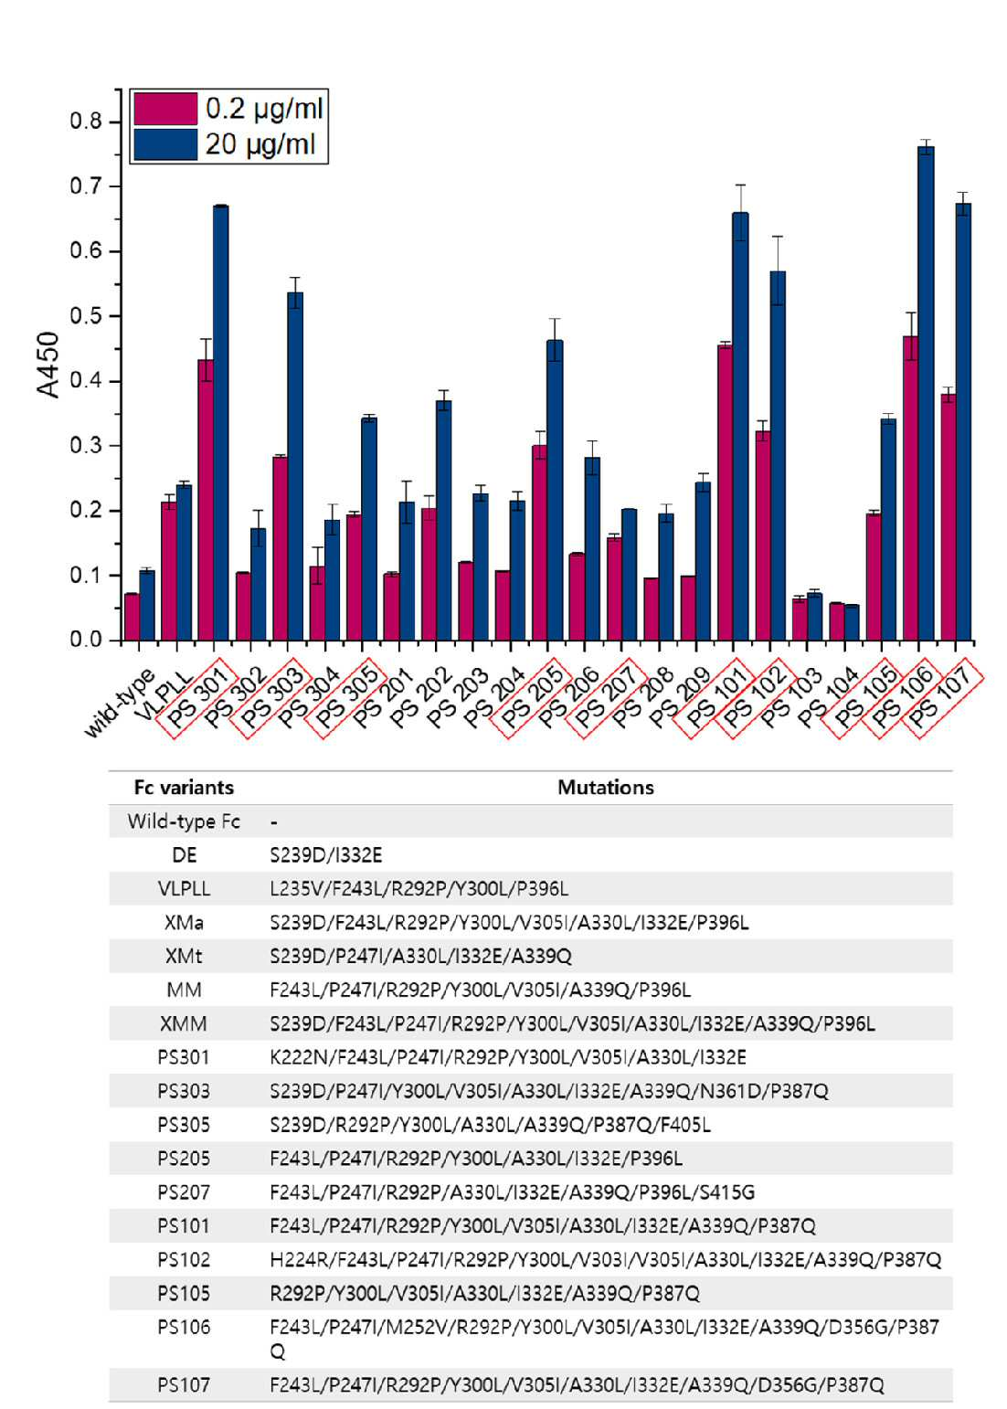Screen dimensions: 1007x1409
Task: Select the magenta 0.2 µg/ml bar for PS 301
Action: point(205,500)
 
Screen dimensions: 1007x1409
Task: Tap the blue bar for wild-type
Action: point(146,605)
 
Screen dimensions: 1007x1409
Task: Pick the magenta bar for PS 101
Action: point(726,493)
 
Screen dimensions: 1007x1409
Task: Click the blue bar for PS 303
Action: point(295,466)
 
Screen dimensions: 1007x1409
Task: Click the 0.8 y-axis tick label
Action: point(86,121)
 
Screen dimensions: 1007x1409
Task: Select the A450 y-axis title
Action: point(48,365)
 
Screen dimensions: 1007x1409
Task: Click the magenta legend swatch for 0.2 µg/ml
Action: point(165,109)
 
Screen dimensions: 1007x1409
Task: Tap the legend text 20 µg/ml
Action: point(260,144)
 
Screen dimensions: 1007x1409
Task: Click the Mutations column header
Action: point(605,788)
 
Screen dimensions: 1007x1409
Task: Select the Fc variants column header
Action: point(184,788)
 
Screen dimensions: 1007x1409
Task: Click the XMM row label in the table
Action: point(183,1023)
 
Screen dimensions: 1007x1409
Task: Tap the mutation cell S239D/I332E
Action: point(326,855)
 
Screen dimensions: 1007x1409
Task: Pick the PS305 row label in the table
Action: point(183,1125)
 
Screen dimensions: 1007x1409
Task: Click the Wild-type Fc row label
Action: point(184,821)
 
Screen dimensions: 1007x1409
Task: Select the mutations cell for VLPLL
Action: point(419,889)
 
